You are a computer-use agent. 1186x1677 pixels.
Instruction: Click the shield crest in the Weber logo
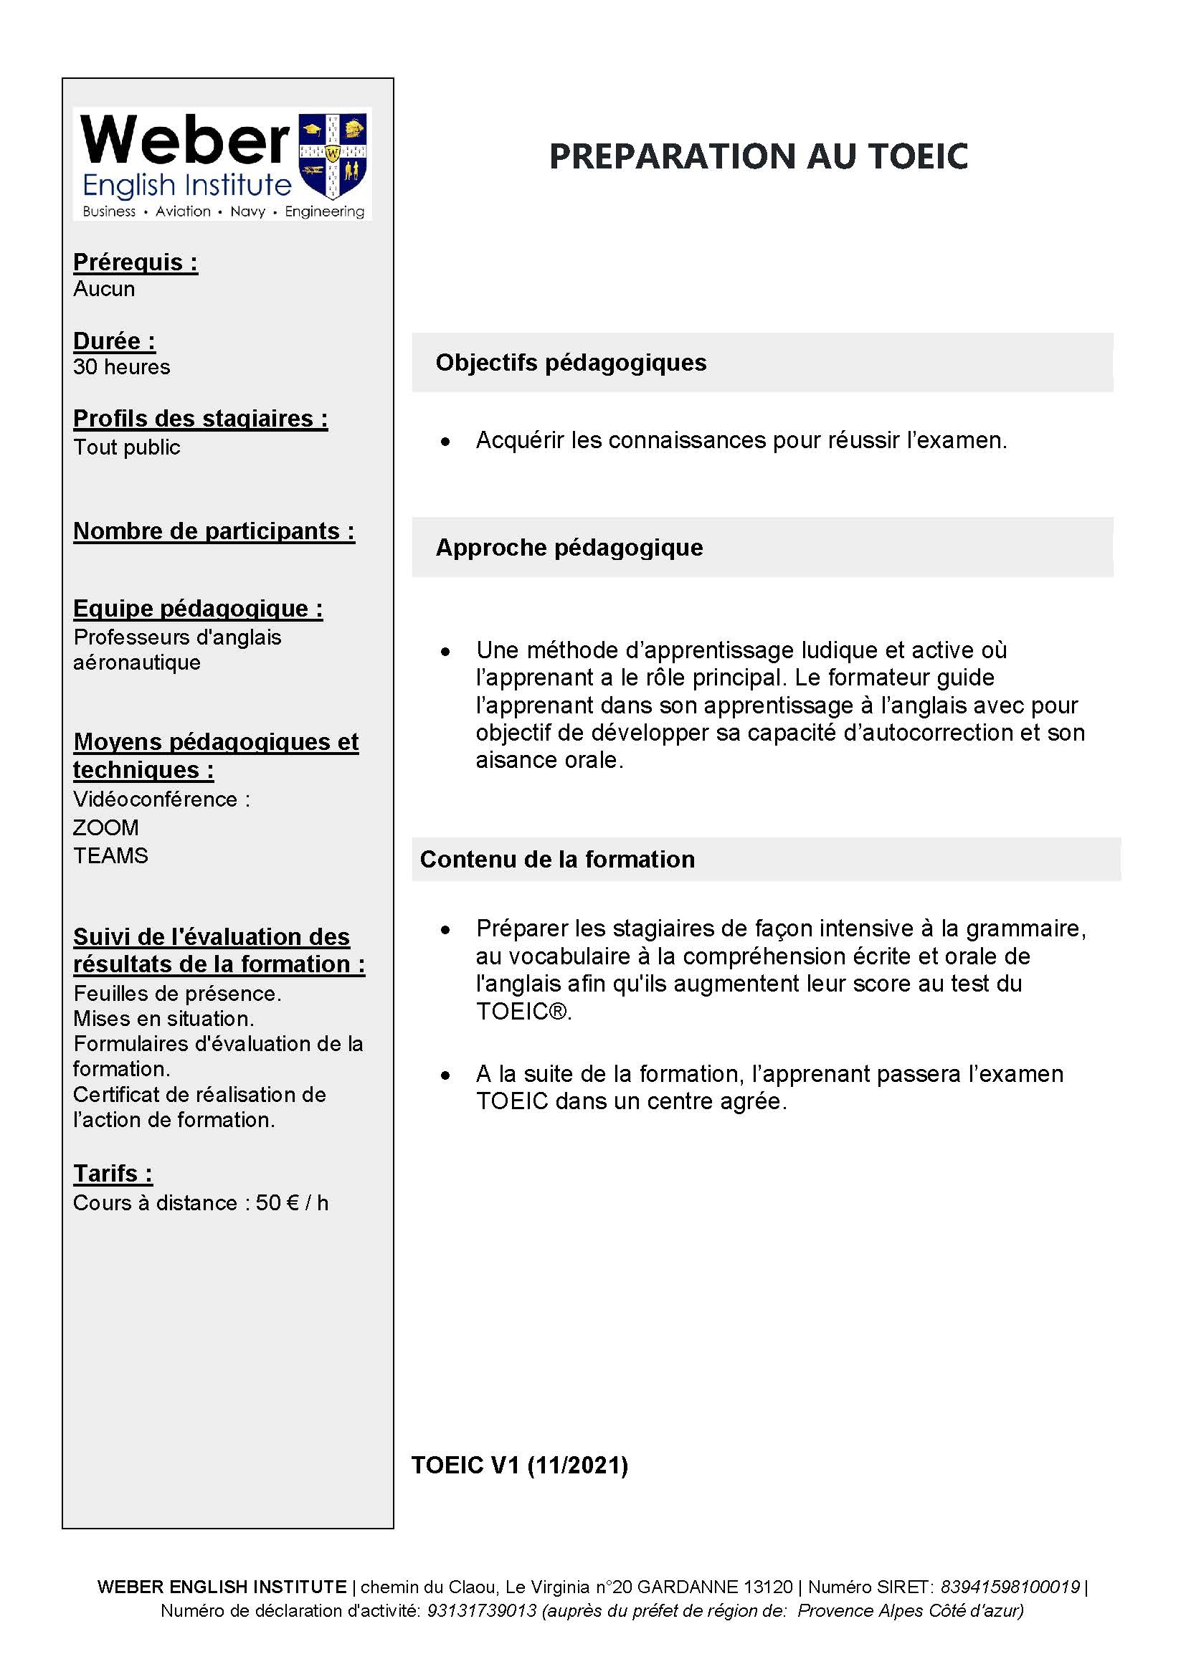point(333,156)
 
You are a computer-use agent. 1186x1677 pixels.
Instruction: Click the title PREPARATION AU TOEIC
point(758,156)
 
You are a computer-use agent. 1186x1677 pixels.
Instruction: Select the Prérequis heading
point(135,262)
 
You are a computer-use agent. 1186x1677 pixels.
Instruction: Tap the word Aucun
point(104,289)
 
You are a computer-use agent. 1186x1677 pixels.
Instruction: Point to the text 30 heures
point(121,366)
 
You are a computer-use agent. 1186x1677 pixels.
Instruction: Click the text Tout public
point(126,447)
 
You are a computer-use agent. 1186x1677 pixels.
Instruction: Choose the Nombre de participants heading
point(214,531)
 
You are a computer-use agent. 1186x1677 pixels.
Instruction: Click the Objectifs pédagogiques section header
point(570,362)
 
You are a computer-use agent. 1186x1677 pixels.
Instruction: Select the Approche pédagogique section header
point(569,547)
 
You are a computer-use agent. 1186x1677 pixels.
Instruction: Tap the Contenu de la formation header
point(557,859)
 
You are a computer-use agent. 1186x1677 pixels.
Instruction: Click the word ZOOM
point(106,827)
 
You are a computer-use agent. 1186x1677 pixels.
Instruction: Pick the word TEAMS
point(110,855)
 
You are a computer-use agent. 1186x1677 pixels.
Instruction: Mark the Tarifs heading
point(113,1173)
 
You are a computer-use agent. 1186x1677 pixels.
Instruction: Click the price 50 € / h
point(291,1202)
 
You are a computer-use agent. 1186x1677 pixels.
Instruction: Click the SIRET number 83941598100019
point(1010,1587)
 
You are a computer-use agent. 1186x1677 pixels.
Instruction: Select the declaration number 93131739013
point(481,1610)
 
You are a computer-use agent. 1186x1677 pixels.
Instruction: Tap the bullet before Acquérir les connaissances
point(445,442)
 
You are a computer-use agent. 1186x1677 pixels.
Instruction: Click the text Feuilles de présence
point(177,993)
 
